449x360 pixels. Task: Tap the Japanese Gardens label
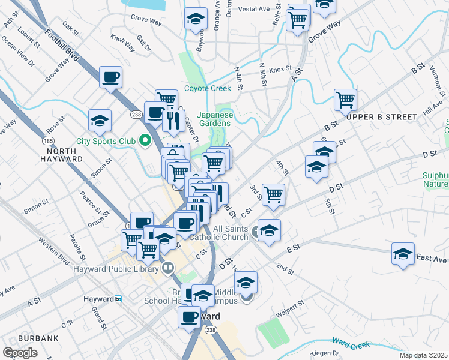point(215,119)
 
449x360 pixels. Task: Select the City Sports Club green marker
point(145,142)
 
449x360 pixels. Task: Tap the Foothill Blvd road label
point(62,44)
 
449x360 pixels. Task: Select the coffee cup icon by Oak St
point(111,77)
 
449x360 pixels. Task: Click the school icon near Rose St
point(100,120)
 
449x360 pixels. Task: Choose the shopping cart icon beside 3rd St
point(273,194)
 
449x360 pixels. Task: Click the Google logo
point(20,353)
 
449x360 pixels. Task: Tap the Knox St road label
point(280,70)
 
